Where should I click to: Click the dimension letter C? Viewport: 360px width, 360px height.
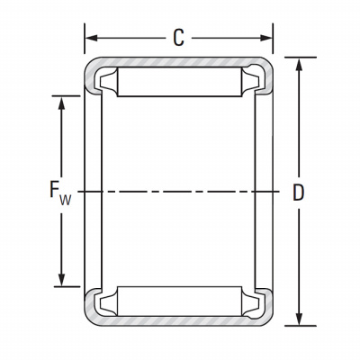[x=178, y=38]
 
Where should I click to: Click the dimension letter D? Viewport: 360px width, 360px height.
[x=298, y=193]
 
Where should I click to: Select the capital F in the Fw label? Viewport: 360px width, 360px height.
[x=54, y=189]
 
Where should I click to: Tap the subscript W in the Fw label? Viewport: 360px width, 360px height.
[x=66, y=200]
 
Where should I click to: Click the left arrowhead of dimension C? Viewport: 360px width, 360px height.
[x=92, y=38]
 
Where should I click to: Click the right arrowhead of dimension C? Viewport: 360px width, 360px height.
[x=265, y=38]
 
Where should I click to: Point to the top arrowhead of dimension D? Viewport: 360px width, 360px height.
[x=299, y=64]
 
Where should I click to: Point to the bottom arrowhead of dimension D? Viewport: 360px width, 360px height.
[x=299, y=319]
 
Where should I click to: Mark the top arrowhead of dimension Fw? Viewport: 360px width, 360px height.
[x=61, y=103]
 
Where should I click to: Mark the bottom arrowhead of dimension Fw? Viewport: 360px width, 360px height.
[x=61, y=280]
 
